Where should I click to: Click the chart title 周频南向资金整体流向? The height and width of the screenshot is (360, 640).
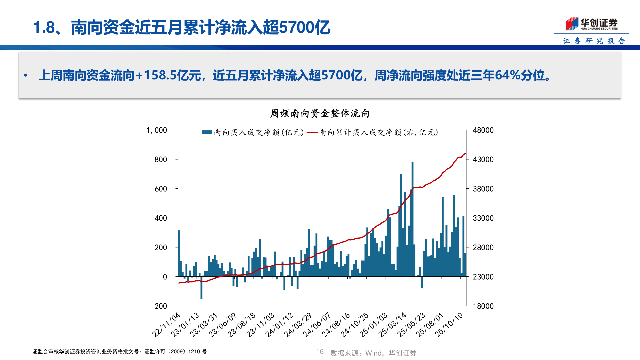click(320, 114)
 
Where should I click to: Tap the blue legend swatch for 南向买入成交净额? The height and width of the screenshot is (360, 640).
click(207, 133)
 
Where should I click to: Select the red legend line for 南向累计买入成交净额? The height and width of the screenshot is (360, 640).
click(312, 133)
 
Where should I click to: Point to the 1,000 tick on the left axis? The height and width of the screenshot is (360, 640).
click(157, 130)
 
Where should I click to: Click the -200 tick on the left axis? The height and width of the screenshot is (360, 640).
click(159, 306)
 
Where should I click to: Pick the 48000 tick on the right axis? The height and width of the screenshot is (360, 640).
click(483, 130)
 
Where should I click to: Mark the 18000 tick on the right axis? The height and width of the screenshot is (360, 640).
click(483, 306)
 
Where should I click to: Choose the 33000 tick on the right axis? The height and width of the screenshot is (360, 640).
click(483, 218)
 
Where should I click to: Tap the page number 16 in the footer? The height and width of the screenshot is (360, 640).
click(320, 352)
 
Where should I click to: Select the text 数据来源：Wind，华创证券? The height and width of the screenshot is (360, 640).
click(373, 353)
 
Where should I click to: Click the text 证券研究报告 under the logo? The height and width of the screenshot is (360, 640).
click(594, 41)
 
